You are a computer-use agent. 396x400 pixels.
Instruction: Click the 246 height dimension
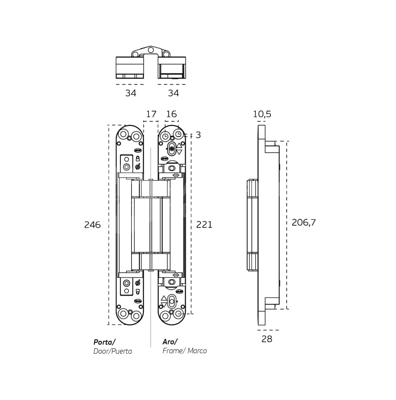(92, 225)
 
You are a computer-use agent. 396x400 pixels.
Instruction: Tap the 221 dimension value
(204, 225)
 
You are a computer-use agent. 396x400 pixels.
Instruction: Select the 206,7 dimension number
(304, 222)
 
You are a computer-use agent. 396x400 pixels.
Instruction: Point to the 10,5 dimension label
(262, 114)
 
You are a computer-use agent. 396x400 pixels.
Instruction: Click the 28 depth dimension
(267, 339)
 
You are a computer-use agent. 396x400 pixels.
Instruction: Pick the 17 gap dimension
(151, 114)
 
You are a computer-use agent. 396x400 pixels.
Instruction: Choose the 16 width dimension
(171, 114)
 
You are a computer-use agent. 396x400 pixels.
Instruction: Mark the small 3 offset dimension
(198, 135)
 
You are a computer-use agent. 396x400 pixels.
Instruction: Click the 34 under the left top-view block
(131, 93)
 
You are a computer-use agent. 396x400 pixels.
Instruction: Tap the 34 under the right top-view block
(173, 93)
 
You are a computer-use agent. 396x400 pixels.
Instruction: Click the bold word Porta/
(104, 342)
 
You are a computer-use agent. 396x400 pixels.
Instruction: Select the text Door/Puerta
(112, 351)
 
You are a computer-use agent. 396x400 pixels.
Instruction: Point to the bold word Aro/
(170, 342)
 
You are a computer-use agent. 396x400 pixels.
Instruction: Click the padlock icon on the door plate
(137, 158)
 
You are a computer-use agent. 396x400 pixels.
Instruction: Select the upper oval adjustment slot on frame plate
(171, 149)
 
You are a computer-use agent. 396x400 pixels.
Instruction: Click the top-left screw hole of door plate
(123, 134)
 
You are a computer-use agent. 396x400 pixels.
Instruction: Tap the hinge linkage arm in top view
(151, 52)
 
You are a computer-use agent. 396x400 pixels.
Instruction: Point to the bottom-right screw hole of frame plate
(178, 314)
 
